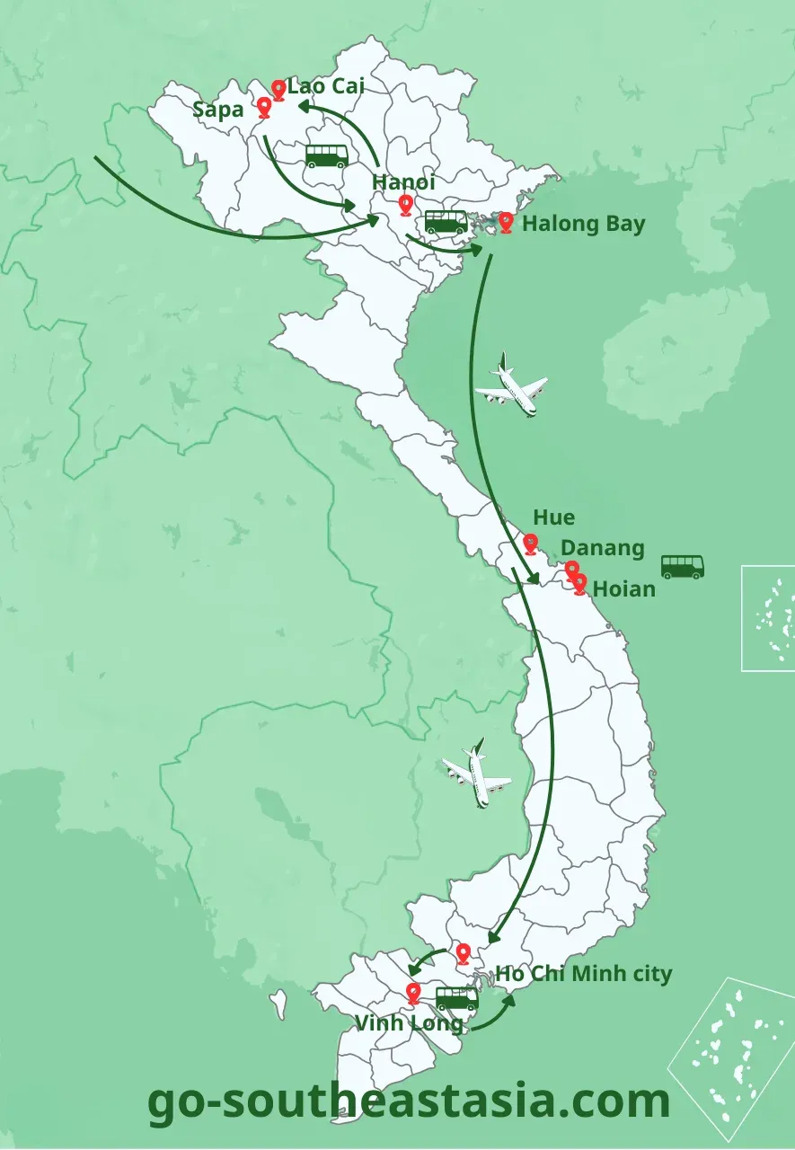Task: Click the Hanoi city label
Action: [x=403, y=182]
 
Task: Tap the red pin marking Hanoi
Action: [x=406, y=206]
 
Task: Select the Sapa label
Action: [x=218, y=111]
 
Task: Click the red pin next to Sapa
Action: [x=264, y=108]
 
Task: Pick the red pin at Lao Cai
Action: [x=278, y=89]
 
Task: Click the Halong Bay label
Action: [x=583, y=224]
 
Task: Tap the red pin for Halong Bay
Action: [x=506, y=222]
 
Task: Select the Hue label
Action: [x=553, y=518]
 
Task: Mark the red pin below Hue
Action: [x=531, y=544]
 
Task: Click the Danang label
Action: [x=603, y=548]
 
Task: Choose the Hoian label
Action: [x=624, y=589]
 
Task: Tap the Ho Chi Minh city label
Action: [x=584, y=974]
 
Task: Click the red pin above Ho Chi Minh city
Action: [x=463, y=953]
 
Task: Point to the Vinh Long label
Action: [x=409, y=1023]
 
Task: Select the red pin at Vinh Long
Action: [x=413, y=993]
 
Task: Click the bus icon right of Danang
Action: [x=683, y=567]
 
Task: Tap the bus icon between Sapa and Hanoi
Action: [x=327, y=156]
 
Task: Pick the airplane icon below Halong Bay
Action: [x=511, y=386]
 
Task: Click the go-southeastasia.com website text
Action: [x=409, y=1101]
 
